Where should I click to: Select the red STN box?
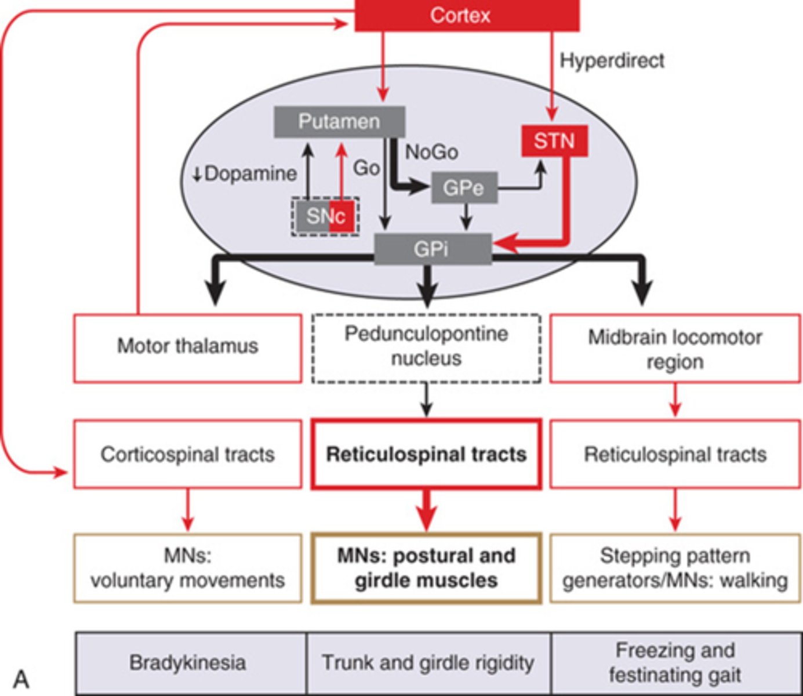point(554,141)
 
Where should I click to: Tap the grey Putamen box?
point(339,122)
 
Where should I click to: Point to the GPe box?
point(464,187)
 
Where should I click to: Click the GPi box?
point(433,249)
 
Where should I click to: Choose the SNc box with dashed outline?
point(325,216)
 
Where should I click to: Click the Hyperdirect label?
point(612,60)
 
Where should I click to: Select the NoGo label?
point(432,152)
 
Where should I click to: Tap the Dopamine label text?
point(250,173)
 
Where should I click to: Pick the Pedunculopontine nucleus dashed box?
point(426,347)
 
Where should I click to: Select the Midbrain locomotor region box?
point(675,349)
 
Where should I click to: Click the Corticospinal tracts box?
point(187,454)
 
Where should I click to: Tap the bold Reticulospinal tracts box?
point(426,454)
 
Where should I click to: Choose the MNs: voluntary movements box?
point(187,568)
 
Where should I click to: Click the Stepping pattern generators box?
point(675,568)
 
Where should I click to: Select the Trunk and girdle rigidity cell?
point(428,662)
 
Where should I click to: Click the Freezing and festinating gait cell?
point(675,662)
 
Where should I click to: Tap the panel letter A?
point(21,678)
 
